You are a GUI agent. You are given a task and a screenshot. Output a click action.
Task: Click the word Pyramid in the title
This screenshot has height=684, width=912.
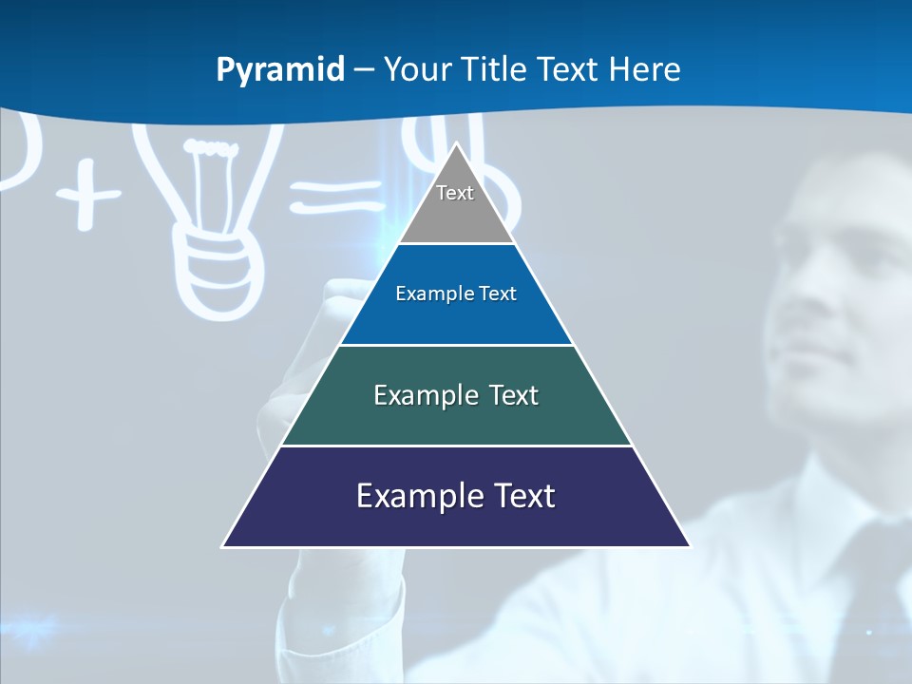pos(280,70)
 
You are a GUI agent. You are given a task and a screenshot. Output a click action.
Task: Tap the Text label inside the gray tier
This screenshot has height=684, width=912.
pos(455,193)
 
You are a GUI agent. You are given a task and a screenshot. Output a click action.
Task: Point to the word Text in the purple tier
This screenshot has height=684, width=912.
pos(518,496)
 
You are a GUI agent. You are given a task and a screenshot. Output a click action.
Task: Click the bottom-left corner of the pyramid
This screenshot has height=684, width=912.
pos(223,546)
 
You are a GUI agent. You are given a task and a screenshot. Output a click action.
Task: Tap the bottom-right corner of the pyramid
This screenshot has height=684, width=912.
pos(690,546)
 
